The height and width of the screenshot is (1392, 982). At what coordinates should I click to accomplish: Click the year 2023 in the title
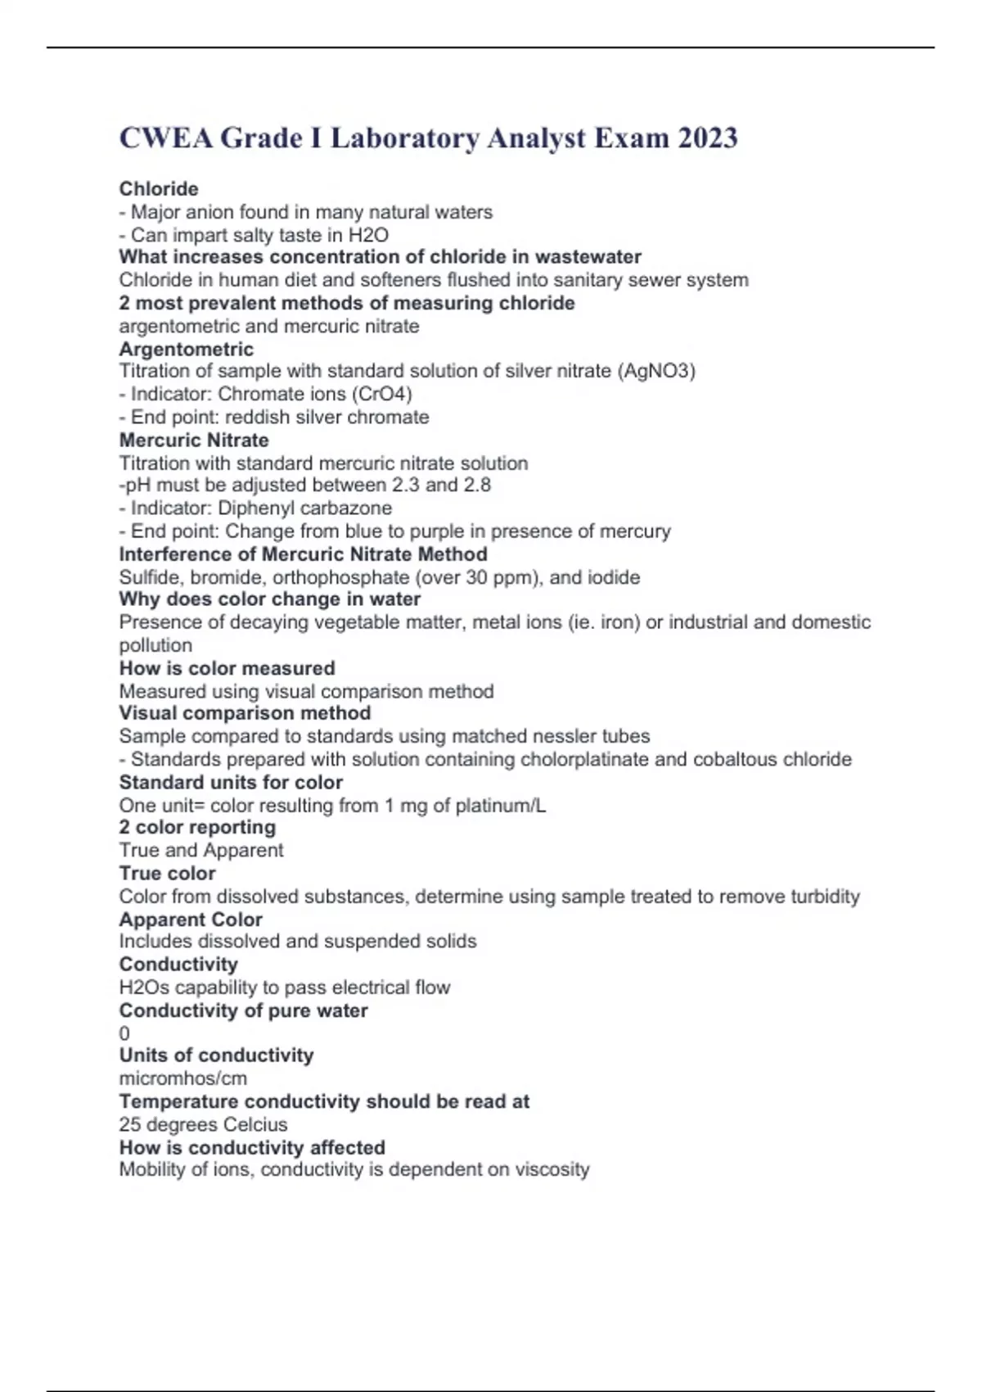pos(707,138)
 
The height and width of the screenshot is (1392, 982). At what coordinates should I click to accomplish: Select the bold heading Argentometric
pos(187,349)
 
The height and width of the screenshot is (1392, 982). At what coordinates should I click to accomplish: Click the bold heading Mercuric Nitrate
pos(194,440)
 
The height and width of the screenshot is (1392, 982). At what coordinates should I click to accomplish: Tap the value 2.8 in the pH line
pos(477,485)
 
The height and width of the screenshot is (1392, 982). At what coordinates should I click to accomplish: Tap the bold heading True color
pos(168,873)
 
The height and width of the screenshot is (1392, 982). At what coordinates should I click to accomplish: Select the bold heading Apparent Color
pos(191,920)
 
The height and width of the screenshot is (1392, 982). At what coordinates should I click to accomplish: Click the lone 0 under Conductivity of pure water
pos(124,1033)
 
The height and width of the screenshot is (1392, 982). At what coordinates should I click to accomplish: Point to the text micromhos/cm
pos(183,1078)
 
